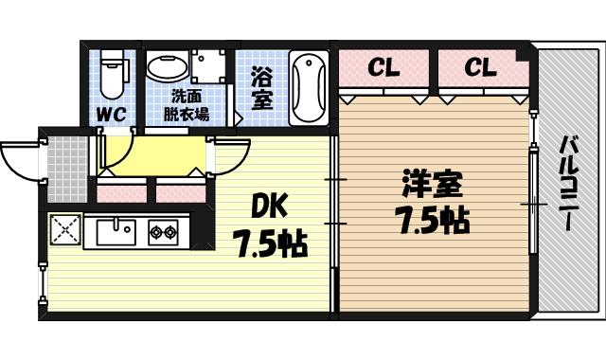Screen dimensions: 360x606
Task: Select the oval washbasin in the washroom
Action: pyautogui.click(x=167, y=68)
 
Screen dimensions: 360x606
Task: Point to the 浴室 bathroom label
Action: pyautogui.click(x=261, y=88)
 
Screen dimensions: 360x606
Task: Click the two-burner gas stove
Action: pyautogui.click(x=161, y=229)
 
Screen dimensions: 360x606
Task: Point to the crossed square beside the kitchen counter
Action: pyautogui.click(x=63, y=229)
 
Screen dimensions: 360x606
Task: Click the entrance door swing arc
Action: pyautogui.click(x=21, y=159)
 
